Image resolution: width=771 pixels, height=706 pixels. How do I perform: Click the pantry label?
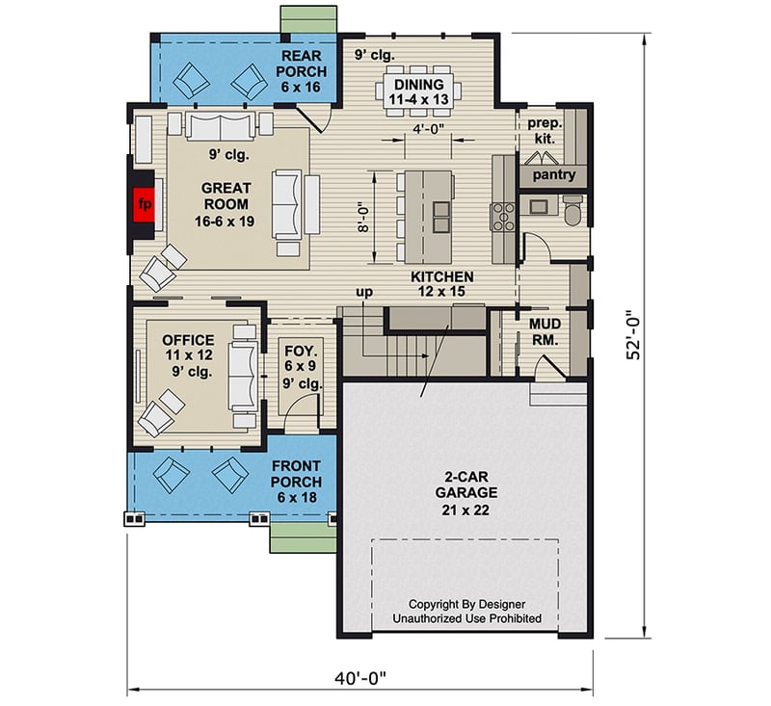[552, 175]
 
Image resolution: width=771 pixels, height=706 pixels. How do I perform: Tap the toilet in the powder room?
[572, 210]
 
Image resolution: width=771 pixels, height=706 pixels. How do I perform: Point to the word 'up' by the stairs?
[364, 291]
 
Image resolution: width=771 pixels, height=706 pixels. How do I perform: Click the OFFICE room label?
[188, 355]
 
